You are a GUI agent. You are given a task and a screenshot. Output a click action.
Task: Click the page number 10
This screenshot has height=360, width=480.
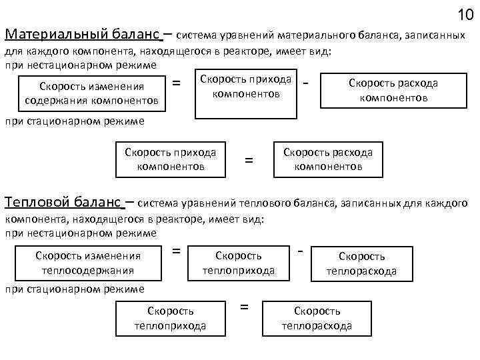point(465,14)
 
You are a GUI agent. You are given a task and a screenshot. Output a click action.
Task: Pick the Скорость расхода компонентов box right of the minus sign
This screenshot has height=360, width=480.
point(393,90)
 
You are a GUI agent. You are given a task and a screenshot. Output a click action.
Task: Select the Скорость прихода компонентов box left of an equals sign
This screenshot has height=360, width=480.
point(170,159)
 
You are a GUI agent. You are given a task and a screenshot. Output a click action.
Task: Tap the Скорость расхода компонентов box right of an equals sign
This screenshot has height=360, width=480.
point(328,159)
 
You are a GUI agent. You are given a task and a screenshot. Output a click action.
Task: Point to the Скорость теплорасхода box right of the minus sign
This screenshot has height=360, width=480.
point(361,263)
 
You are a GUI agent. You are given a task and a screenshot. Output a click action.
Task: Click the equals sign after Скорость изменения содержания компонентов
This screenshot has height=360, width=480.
point(177,83)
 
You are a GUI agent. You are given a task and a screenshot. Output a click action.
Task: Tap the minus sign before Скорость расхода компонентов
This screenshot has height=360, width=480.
point(305,83)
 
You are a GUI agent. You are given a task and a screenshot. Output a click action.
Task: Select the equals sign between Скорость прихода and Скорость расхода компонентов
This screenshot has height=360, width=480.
point(249,160)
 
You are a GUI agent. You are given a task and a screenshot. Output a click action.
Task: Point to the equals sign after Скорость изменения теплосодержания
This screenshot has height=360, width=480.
point(177,251)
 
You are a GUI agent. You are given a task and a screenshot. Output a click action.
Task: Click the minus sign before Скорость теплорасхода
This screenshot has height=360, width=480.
point(301,251)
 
